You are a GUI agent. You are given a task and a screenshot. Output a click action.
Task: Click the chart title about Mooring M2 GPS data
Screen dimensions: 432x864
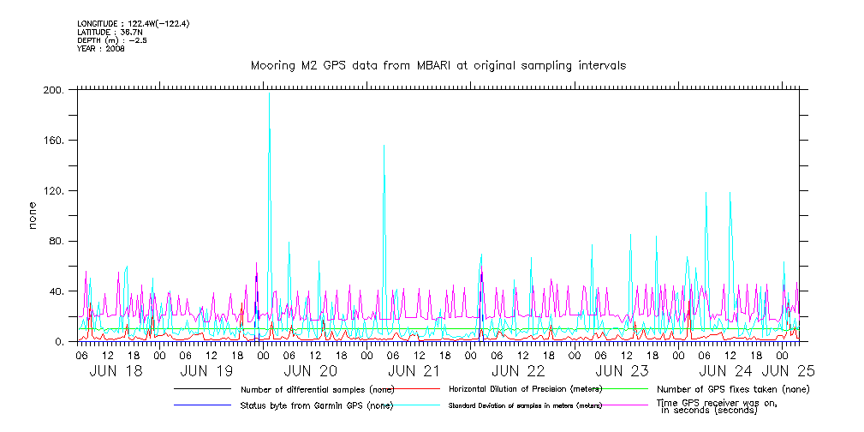(438, 65)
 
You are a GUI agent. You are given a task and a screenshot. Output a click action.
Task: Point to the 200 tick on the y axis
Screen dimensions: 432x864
(53, 90)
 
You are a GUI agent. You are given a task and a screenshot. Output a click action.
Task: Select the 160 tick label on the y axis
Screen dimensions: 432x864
(53, 141)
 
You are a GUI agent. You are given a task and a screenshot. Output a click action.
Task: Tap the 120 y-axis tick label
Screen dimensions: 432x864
(53, 191)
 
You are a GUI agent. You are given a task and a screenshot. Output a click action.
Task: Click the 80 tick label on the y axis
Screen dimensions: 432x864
(56, 242)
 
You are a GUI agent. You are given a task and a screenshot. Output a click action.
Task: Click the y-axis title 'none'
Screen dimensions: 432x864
(33, 216)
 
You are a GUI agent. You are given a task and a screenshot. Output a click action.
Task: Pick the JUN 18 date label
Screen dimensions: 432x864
(116, 371)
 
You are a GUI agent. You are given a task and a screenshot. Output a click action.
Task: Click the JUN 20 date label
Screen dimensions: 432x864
(310, 371)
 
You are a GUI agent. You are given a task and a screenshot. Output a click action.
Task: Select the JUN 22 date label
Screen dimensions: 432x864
(518, 371)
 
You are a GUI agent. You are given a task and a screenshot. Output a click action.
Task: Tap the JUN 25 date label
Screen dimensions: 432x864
(789, 371)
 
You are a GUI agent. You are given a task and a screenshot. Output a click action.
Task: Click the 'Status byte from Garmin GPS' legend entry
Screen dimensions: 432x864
(317, 405)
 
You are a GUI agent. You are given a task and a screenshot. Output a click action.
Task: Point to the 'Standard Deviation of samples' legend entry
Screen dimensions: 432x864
(525, 405)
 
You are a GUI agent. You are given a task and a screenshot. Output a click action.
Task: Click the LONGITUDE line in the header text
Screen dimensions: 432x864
(133, 23)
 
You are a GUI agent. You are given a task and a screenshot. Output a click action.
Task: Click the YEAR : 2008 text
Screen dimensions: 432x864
(101, 49)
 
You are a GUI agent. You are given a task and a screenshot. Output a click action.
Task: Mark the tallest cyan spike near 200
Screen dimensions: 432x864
(269, 94)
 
